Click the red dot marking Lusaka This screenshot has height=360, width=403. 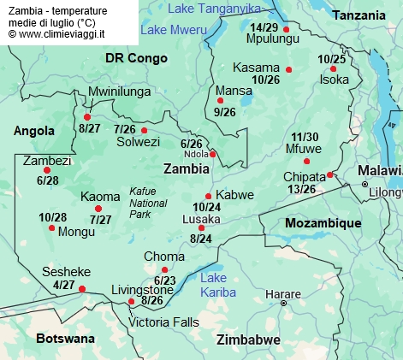pyautogui.click(x=202, y=227)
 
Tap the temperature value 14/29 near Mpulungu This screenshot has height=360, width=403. pyautogui.click(x=264, y=27)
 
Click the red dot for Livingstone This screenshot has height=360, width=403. pyautogui.click(x=131, y=302)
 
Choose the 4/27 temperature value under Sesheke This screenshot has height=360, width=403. pyautogui.click(x=64, y=285)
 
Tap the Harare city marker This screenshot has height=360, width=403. pyautogui.click(x=284, y=303)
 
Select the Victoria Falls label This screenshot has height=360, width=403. pyautogui.click(x=163, y=322)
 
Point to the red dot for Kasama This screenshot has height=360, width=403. pyautogui.click(x=289, y=69)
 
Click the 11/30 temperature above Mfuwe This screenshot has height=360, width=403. pyautogui.click(x=305, y=137)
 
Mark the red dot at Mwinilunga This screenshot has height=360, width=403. pyautogui.click(x=87, y=117)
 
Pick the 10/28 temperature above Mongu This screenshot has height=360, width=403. pyautogui.click(x=53, y=217)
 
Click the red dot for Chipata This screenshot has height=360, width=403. pyautogui.click(x=330, y=175)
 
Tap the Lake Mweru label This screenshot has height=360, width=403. pyautogui.click(x=175, y=29)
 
